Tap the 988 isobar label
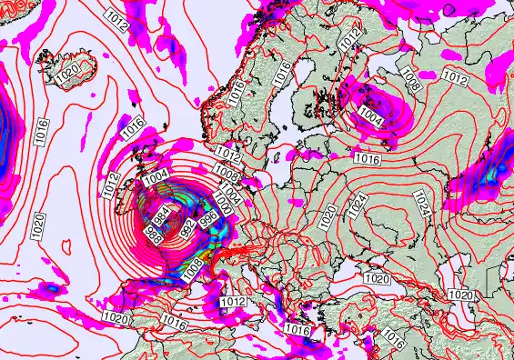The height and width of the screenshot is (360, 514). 155,234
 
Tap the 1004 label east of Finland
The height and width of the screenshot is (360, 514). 371,117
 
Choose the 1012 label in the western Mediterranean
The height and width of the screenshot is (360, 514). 234,301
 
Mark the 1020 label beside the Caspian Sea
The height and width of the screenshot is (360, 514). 462,295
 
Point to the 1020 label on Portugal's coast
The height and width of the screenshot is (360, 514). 116,318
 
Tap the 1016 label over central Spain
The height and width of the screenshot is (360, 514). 174,321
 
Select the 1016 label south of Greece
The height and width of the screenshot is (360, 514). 297,328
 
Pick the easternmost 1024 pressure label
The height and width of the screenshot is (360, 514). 421,202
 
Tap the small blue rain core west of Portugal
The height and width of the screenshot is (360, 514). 51,288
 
